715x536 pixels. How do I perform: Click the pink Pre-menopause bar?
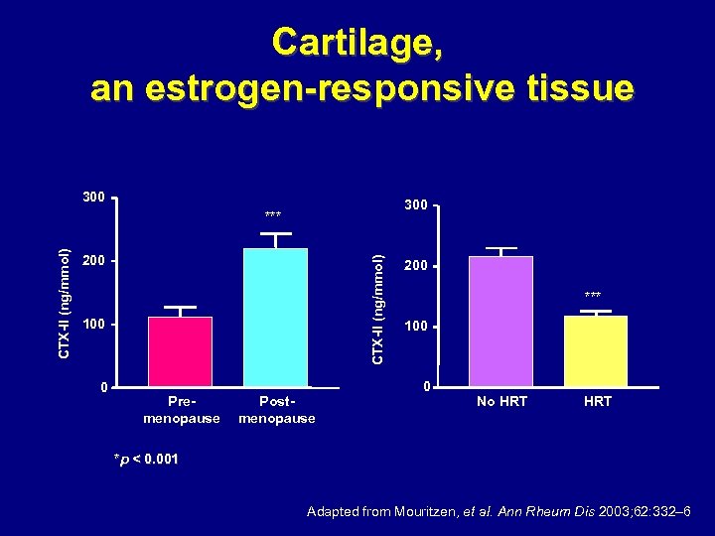(180, 351)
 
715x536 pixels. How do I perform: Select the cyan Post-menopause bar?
(275, 317)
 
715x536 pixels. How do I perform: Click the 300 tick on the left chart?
(94, 197)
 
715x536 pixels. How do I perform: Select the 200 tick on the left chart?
(94, 261)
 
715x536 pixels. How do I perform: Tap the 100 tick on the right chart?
(415, 327)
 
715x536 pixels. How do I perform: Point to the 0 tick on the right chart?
(425, 386)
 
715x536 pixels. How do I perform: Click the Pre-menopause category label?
(181, 410)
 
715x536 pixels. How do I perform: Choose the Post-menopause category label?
(276, 410)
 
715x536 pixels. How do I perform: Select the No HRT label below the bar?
(501, 401)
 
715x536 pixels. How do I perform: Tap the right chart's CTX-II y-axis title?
(377, 308)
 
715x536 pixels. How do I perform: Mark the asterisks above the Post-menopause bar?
(273, 215)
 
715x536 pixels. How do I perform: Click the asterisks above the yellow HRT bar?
(593, 296)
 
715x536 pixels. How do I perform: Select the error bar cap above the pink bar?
(180, 307)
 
